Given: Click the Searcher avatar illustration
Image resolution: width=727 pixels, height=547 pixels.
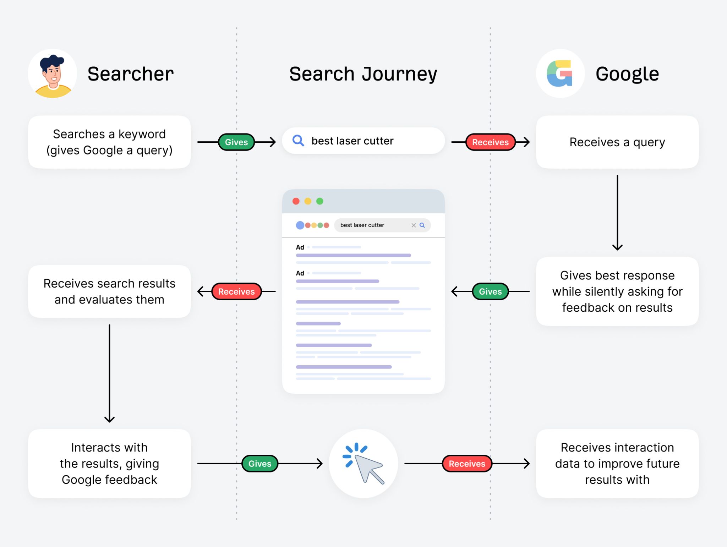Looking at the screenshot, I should click(x=53, y=73).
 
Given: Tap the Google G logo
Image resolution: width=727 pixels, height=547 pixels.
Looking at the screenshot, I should click(x=560, y=73).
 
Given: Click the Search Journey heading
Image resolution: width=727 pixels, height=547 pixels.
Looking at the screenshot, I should click(x=363, y=74).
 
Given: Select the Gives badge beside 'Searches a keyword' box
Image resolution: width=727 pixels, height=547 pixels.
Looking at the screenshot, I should click(x=236, y=142).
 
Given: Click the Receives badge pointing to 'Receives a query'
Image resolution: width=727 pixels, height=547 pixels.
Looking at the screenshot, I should click(x=490, y=142).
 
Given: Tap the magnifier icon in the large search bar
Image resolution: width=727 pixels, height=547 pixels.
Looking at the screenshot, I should click(x=298, y=141).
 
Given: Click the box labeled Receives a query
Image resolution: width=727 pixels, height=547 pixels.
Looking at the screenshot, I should click(x=617, y=142).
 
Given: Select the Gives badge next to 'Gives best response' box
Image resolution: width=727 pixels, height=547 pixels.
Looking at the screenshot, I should click(x=490, y=291).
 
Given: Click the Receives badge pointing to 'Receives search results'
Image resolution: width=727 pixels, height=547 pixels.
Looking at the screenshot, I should click(x=236, y=291).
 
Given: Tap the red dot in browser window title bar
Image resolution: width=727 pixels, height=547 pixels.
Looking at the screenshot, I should click(x=296, y=201).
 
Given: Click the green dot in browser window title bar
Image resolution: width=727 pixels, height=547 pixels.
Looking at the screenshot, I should click(x=319, y=201).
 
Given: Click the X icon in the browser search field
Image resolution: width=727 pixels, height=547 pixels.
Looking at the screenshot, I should click(x=413, y=225).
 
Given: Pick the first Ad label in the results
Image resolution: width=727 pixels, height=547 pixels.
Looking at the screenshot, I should click(x=300, y=247).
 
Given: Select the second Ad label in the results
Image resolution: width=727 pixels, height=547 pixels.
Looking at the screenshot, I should click(x=300, y=273).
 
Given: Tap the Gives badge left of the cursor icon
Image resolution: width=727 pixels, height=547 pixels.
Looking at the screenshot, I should click(x=259, y=464).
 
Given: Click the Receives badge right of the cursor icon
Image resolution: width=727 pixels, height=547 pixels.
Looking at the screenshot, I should click(x=466, y=464).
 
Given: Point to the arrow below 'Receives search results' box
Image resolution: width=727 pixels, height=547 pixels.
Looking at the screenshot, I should click(x=109, y=373).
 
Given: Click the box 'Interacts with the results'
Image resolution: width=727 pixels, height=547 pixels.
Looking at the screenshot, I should click(x=109, y=464).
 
